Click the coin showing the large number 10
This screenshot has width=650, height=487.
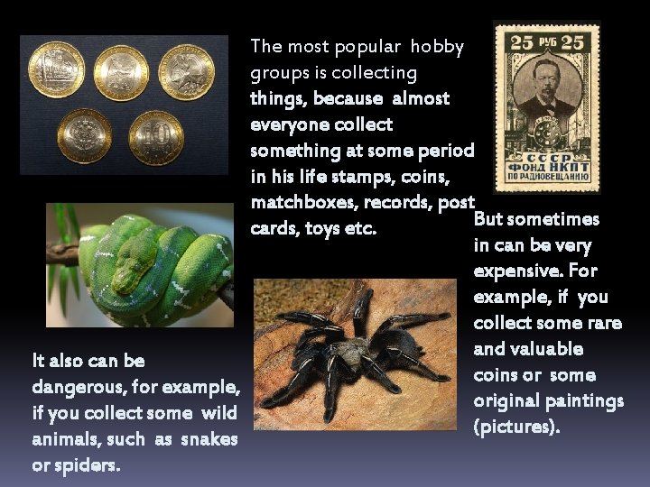155,137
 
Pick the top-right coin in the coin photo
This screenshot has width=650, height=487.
186,71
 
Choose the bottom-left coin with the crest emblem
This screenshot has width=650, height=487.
84,136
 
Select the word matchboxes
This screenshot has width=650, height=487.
295,202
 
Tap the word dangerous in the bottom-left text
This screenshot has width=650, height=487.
72,387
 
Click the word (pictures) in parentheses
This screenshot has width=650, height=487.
516,426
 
